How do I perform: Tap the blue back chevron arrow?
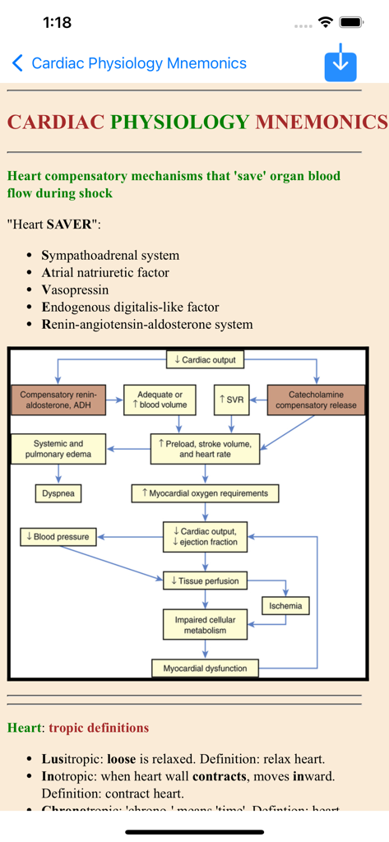pyautogui.click(x=17, y=63)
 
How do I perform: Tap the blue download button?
pyautogui.click(x=340, y=63)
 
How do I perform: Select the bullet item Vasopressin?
pyautogui.click(x=75, y=289)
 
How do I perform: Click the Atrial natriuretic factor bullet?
pyautogui.click(x=105, y=272)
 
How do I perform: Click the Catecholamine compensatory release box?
pyautogui.click(x=316, y=400)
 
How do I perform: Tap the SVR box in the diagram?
pyautogui.click(x=231, y=400)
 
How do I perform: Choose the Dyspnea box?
pyautogui.click(x=58, y=493)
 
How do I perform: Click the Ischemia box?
pyautogui.click(x=285, y=606)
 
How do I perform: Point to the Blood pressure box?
pyautogui.click(x=58, y=537)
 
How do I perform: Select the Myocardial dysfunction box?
pyautogui.click(x=205, y=668)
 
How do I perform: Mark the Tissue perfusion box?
pyautogui.click(x=205, y=581)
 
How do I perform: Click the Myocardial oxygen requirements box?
pyautogui.click(x=205, y=493)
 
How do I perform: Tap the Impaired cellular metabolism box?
pyautogui.click(x=205, y=624)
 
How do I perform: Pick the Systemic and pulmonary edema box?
pyautogui.click(x=58, y=449)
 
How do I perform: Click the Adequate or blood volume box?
pyautogui.click(x=159, y=400)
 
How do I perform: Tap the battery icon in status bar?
pyautogui.click(x=351, y=23)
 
